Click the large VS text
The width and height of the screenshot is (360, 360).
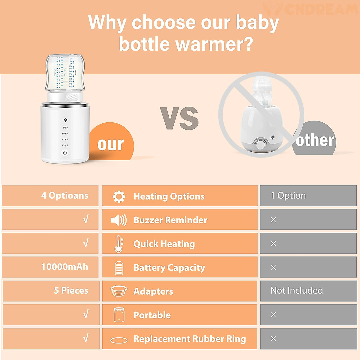[179, 118]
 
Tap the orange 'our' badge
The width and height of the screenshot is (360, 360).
[111, 143]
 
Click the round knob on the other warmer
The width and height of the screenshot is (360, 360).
[261, 144]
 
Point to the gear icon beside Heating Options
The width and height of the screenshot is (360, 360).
[119, 196]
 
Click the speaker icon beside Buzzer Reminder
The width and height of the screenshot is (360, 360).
[119, 220]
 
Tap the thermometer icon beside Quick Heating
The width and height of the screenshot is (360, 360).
[119, 244]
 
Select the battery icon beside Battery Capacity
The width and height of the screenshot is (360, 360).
[119, 268]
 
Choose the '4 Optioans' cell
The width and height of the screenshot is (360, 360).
[65, 196]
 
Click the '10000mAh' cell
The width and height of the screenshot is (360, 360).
[65, 267]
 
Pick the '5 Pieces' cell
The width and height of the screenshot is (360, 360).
[71, 290]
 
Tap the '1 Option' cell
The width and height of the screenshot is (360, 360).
[288, 196]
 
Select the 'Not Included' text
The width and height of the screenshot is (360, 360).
[297, 290]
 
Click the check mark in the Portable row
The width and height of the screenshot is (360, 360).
[86, 314]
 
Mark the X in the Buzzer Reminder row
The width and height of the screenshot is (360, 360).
[273, 220]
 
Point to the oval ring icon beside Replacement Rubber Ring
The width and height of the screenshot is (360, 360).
[119, 340]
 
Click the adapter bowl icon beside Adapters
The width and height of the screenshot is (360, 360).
[119, 291]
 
